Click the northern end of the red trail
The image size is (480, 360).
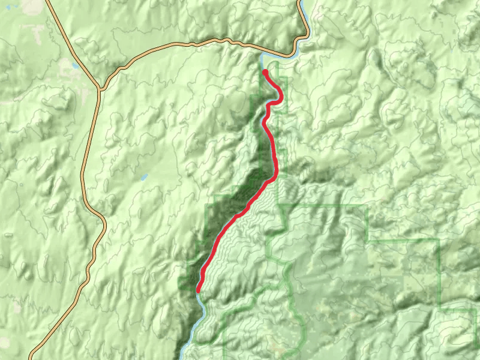coord(265,71)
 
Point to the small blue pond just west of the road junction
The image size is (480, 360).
coord(74,64)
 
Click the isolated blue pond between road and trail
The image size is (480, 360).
coord(144,177)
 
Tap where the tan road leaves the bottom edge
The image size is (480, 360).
coord(31,358)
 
